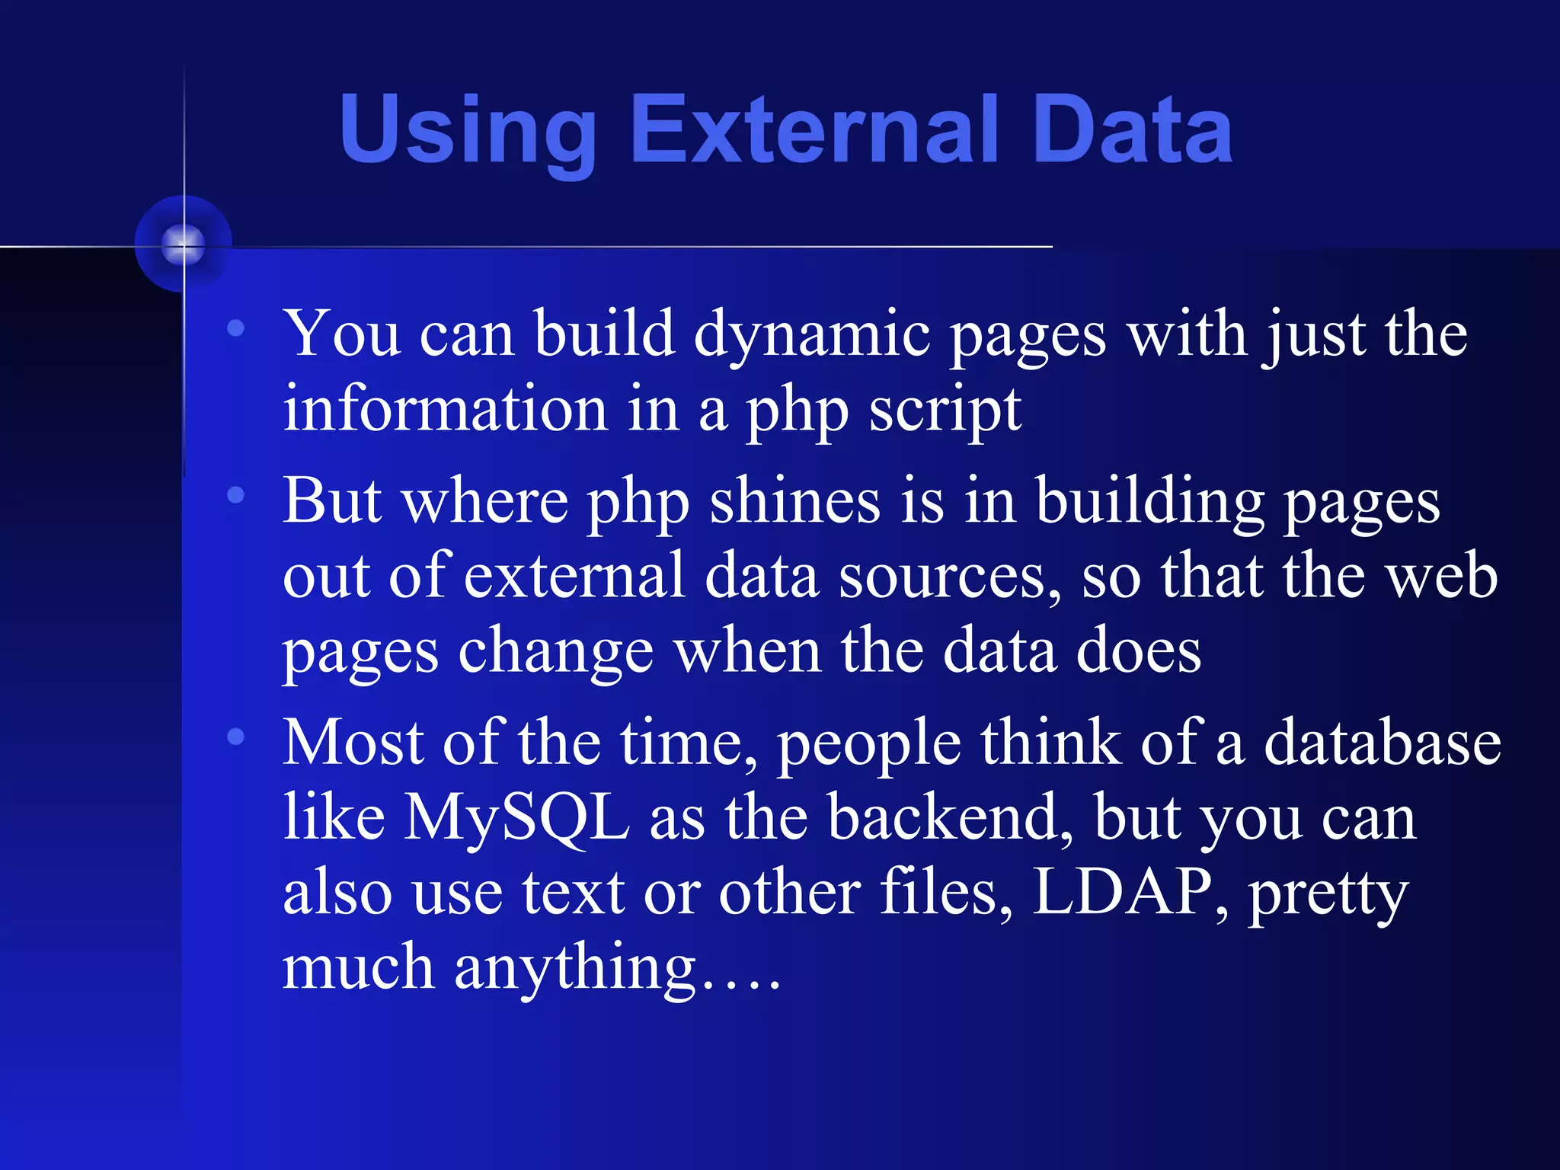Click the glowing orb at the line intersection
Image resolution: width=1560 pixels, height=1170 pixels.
[184, 244]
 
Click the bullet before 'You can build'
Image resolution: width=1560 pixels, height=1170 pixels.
[236, 328]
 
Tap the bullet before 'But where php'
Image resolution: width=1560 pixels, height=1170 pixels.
[236, 495]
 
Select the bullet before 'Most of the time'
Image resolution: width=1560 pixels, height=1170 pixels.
[236, 737]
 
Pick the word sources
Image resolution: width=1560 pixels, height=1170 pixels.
[948, 577]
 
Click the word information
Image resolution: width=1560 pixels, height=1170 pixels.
[445, 411]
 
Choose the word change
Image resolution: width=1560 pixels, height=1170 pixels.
[555, 652]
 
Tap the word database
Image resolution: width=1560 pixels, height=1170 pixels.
[1382, 743]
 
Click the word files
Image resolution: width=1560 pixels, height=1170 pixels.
[945, 893]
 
